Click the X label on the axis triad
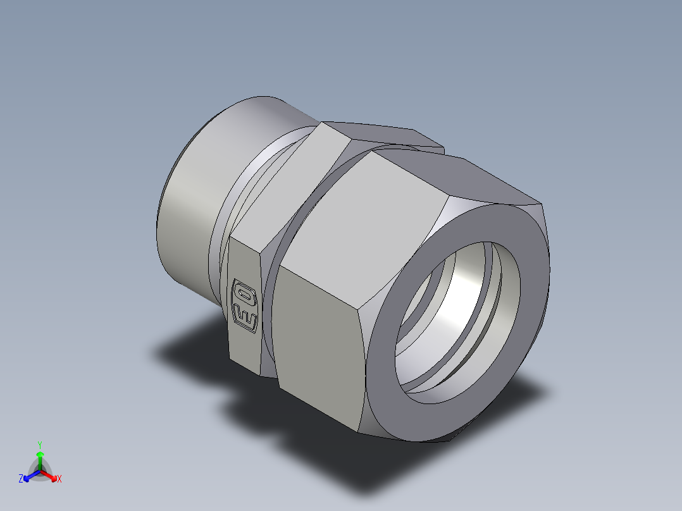click(x=59, y=479)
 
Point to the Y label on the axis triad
click(x=39, y=444)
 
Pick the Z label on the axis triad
click(x=21, y=479)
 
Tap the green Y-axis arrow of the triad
click(x=39, y=458)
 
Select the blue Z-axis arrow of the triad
click(x=29, y=476)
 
